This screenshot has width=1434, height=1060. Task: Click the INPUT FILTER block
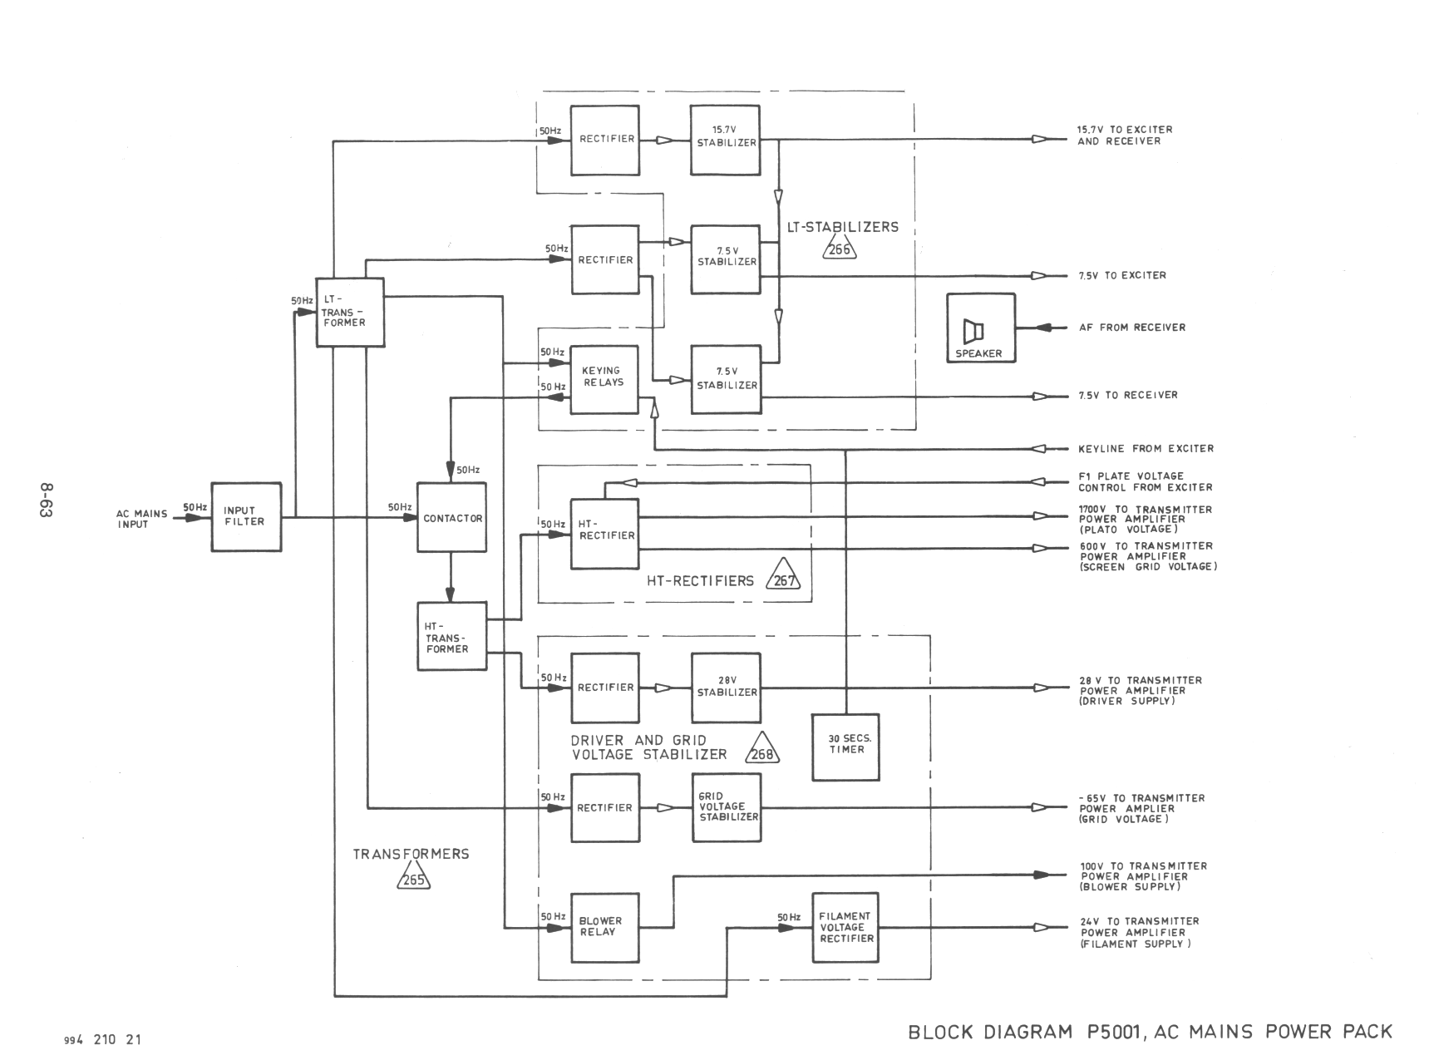[x=246, y=516]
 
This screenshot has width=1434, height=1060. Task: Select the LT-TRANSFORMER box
[x=350, y=312]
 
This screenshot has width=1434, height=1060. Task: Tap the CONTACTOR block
[x=451, y=518]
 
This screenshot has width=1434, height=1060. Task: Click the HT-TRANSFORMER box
[x=451, y=636]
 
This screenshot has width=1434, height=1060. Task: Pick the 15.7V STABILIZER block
[x=725, y=140]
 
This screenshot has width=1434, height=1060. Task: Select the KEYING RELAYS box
[x=604, y=379]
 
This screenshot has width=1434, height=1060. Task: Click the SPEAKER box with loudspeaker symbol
[x=980, y=328]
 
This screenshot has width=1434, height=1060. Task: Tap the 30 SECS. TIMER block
[x=845, y=747]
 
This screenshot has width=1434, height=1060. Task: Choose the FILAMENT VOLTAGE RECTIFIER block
[x=845, y=927]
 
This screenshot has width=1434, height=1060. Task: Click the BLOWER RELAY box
[x=604, y=927]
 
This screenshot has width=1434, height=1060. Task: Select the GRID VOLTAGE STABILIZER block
[x=726, y=807]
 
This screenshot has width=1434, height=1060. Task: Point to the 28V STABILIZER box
[x=726, y=688]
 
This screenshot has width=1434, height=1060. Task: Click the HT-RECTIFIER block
[x=604, y=533]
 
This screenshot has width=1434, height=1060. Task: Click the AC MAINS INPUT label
[x=141, y=519]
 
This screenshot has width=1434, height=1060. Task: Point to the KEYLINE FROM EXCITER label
[x=1146, y=449]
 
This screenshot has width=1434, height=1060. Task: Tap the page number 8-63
[x=45, y=499]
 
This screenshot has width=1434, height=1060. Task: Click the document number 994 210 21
[x=103, y=1040]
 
